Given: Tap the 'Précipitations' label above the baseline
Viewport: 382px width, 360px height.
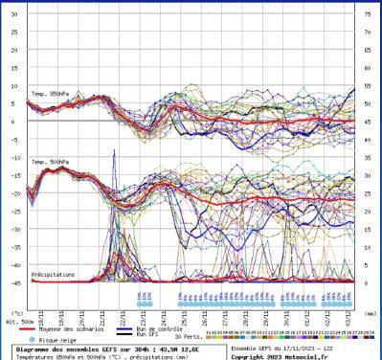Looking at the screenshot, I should click(x=52, y=274).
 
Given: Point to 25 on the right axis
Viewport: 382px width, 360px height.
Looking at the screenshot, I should click(x=369, y=193).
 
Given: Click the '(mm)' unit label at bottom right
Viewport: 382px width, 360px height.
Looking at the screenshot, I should click(x=370, y=312).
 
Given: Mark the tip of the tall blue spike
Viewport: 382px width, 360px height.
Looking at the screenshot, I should click(x=115, y=150).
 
